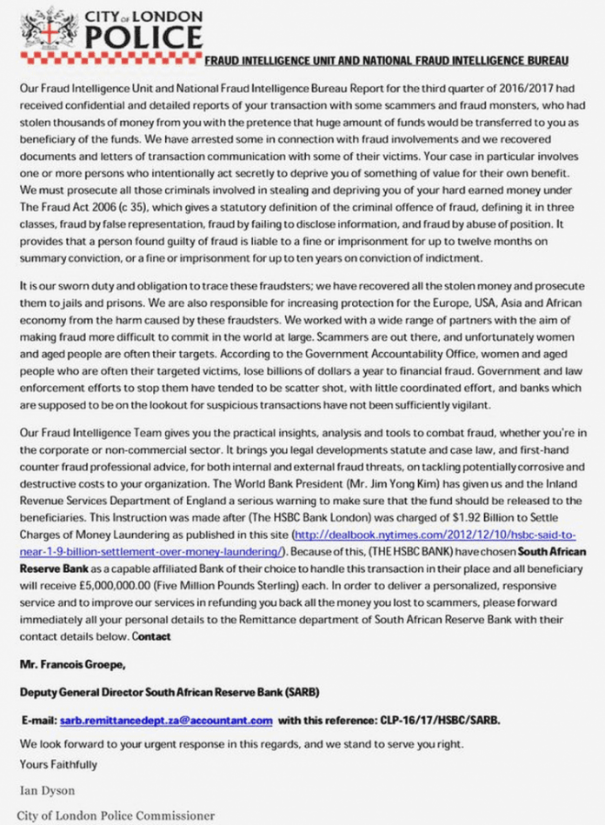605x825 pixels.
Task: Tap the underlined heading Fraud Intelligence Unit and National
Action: click(x=387, y=61)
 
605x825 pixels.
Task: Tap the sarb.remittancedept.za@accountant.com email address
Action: click(x=165, y=721)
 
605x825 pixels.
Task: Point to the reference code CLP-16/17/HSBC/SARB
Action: click(x=442, y=721)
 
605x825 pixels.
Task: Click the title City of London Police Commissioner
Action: click(x=116, y=815)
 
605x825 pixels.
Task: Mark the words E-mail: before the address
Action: click(x=38, y=721)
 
